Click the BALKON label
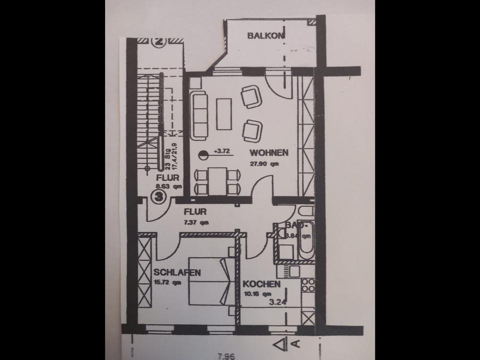click(266, 35)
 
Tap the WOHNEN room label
click(268, 152)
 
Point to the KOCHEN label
click(261, 284)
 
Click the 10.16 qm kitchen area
click(255, 293)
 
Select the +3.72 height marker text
click(222, 150)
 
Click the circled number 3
click(159, 196)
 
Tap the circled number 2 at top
click(159, 42)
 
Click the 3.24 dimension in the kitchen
click(277, 301)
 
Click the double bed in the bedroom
click(209, 281)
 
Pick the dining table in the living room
click(217, 181)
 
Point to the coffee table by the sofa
click(223, 114)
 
